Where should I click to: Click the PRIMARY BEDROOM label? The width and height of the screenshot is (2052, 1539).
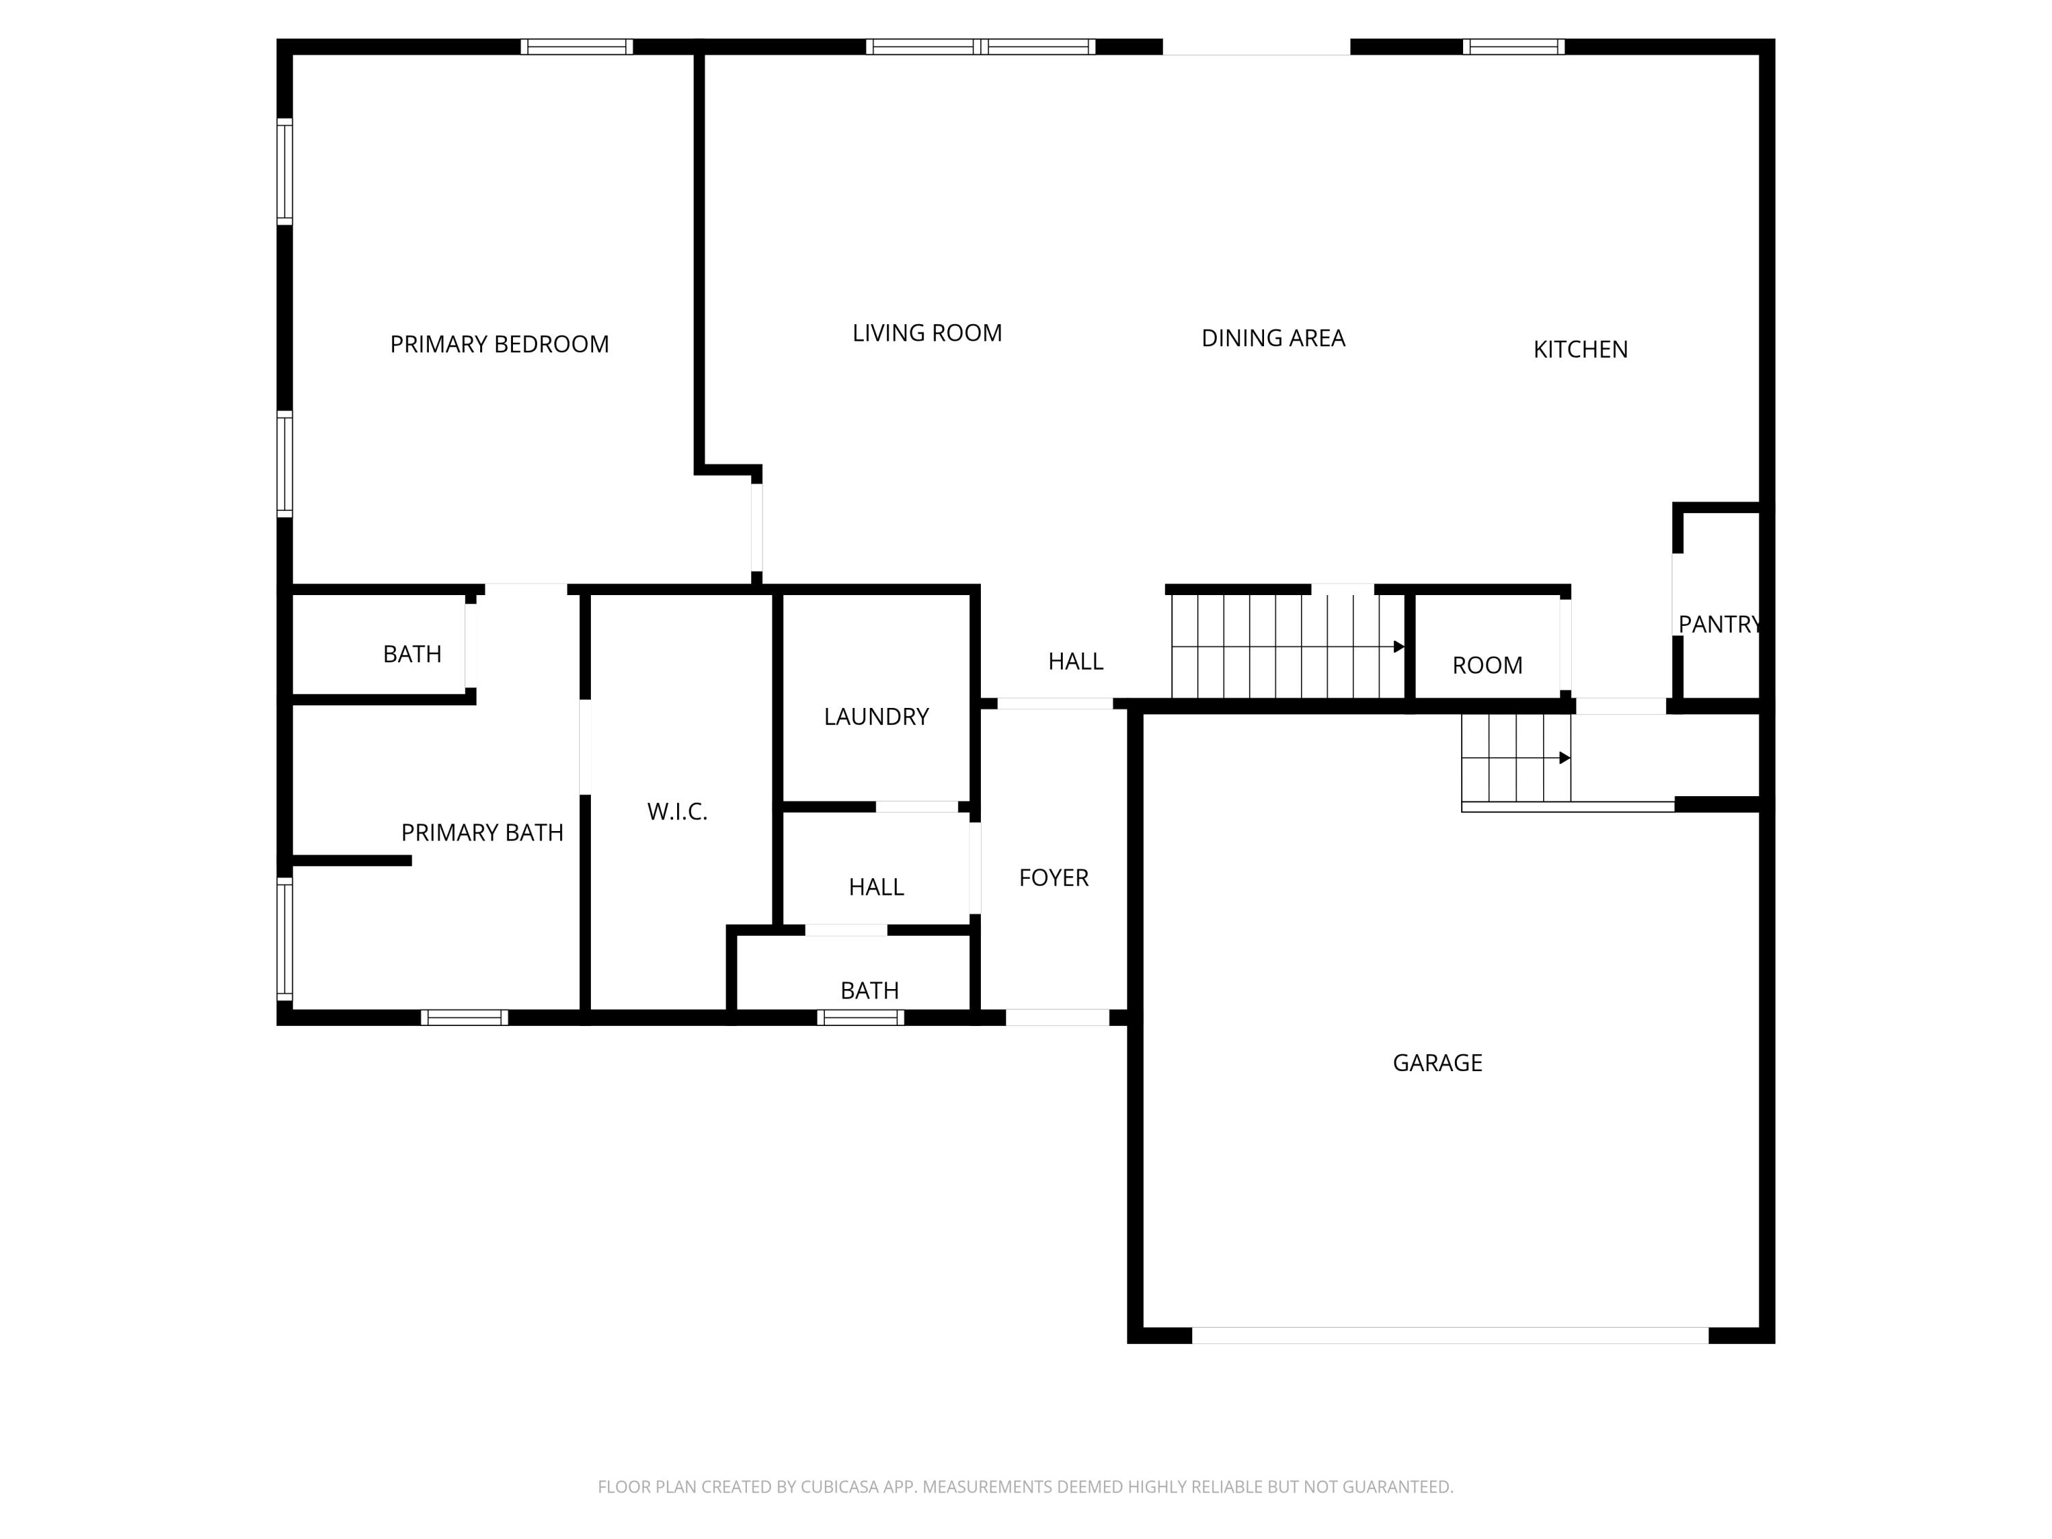pyautogui.click(x=499, y=344)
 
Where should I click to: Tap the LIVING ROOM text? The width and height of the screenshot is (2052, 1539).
pyautogui.click(x=927, y=333)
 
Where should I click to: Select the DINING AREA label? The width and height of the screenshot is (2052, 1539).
pyautogui.click(x=1273, y=339)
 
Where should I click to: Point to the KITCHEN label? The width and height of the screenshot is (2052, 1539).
pyautogui.click(x=1580, y=350)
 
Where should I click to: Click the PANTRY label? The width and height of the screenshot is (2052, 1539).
pyautogui.click(x=1719, y=624)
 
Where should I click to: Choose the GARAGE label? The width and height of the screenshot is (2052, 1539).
pyautogui.click(x=1437, y=1063)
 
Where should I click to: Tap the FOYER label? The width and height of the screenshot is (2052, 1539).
pyautogui.click(x=1053, y=878)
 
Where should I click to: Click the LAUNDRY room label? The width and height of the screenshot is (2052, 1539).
pyautogui.click(x=876, y=716)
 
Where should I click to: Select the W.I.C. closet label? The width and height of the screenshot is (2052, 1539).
pyautogui.click(x=677, y=812)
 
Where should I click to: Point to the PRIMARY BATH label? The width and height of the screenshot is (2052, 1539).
pyautogui.click(x=482, y=833)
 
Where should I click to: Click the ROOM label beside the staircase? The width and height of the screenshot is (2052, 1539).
pyautogui.click(x=1487, y=665)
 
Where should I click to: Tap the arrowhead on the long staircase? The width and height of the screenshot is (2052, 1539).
pyautogui.click(x=1399, y=646)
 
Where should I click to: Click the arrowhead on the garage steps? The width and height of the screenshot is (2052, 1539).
pyautogui.click(x=1565, y=758)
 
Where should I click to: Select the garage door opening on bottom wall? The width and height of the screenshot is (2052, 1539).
pyautogui.click(x=1449, y=1335)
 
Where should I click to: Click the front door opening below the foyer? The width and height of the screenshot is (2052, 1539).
pyautogui.click(x=1057, y=1018)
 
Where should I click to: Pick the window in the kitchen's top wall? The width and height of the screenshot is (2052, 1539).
pyautogui.click(x=1513, y=47)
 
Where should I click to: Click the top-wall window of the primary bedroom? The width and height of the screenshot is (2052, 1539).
pyautogui.click(x=576, y=47)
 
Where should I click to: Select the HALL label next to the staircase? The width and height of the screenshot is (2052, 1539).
pyautogui.click(x=1075, y=661)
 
